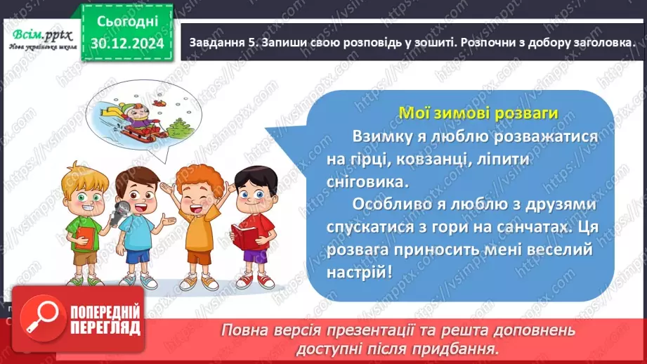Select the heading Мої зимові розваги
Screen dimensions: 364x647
[478, 112]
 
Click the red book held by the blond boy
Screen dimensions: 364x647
[86, 236]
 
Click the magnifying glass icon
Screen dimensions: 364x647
[39, 318]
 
